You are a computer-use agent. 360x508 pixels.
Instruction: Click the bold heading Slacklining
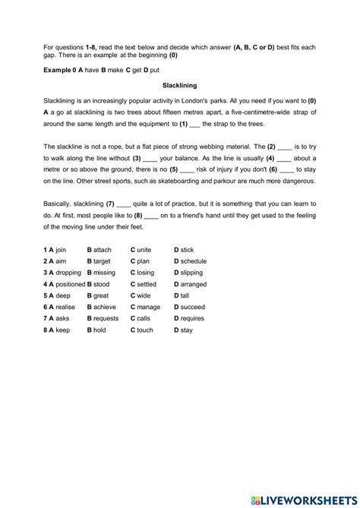179,86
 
